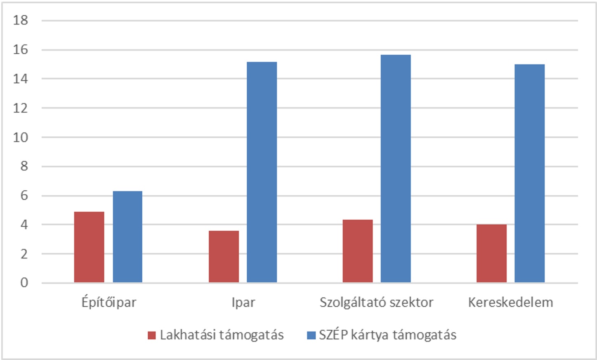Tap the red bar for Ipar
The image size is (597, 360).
pos(224,256)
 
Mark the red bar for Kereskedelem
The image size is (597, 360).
pos(491,253)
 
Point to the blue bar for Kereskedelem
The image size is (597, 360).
pos(529,173)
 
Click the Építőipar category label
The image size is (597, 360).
pos(109,303)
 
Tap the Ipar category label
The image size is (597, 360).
pos(243,303)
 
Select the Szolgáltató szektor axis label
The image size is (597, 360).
pos(376,303)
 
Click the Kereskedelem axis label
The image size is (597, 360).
pos(510,303)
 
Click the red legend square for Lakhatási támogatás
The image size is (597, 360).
pos(152,335)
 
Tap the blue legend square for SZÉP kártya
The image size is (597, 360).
pos(311,335)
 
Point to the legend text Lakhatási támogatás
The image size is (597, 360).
pos(222,335)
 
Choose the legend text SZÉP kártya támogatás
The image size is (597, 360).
pos(387,335)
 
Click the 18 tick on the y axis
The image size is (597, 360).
pos(21,20)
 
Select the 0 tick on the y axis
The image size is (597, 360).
pos(24,283)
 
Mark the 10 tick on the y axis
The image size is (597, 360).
pos(21,137)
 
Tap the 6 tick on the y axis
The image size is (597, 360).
pos(24,196)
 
